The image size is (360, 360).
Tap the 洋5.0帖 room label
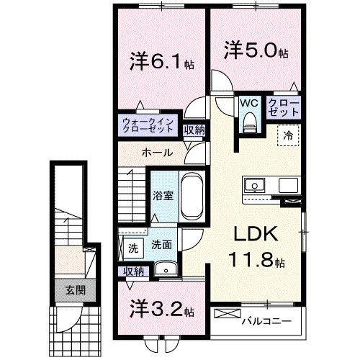click(x=256, y=51)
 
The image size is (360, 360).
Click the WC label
click(x=248, y=103)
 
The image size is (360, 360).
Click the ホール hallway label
click(x=156, y=153)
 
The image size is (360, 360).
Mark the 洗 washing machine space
click(x=133, y=248)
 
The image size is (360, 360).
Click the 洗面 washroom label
click(x=161, y=245)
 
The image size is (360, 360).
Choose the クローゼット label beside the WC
click(x=284, y=108)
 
